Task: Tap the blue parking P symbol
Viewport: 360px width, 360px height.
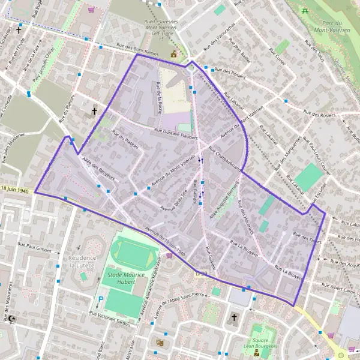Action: [x=101, y=298]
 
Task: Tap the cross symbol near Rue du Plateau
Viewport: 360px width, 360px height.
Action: [x=94, y=112]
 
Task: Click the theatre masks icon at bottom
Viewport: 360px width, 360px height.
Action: [x=160, y=343]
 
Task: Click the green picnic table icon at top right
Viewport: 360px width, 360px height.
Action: [x=306, y=11]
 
